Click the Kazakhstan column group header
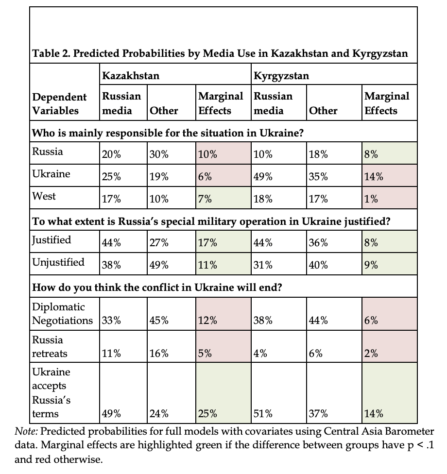(130, 76)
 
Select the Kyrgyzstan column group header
(281, 76)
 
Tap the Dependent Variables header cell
(59, 103)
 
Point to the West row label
(44, 196)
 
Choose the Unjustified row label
(58, 262)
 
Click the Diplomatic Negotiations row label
(62, 314)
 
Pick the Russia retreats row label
(48, 347)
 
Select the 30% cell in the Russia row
(159, 155)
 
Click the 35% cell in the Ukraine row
(318, 177)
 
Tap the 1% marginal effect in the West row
(371, 200)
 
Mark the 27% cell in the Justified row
(159, 243)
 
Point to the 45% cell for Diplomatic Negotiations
(159, 321)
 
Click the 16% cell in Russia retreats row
(159, 354)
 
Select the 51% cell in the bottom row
(263, 414)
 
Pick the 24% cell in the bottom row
(159, 414)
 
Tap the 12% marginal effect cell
(208, 321)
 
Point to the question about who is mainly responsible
(168, 133)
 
